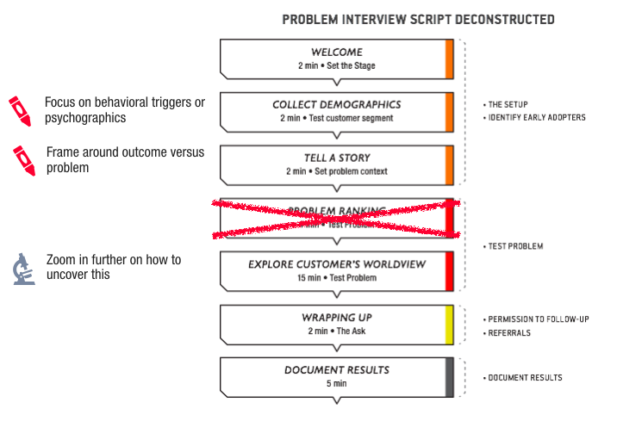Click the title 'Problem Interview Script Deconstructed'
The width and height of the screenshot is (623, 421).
tap(418, 19)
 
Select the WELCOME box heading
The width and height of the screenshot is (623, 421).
tap(337, 52)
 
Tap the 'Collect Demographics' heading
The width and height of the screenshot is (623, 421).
tap(337, 105)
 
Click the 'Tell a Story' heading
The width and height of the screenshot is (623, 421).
tap(337, 158)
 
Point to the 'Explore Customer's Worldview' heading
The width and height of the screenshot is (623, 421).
tap(337, 263)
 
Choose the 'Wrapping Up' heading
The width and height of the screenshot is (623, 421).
tap(337, 318)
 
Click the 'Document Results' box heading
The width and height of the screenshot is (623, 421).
tap(337, 370)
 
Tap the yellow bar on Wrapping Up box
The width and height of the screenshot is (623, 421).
tap(449, 325)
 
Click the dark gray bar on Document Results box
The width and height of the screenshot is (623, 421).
tap(449, 377)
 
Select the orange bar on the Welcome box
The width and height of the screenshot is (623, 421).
tap(449, 59)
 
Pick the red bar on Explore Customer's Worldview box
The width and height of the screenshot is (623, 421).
tap(449, 270)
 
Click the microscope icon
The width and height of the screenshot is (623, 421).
tap(23, 269)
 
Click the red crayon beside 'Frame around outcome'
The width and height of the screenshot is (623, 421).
tap(23, 160)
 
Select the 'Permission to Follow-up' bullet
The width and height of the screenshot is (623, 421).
tap(538, 319)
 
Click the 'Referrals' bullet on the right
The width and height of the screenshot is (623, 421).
tap(509, 332)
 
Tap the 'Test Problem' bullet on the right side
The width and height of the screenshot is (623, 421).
tap(515, 247)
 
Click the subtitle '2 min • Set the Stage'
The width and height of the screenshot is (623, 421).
tap(337, 65)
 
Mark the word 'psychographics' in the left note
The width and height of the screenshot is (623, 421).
tap(85, 118)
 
